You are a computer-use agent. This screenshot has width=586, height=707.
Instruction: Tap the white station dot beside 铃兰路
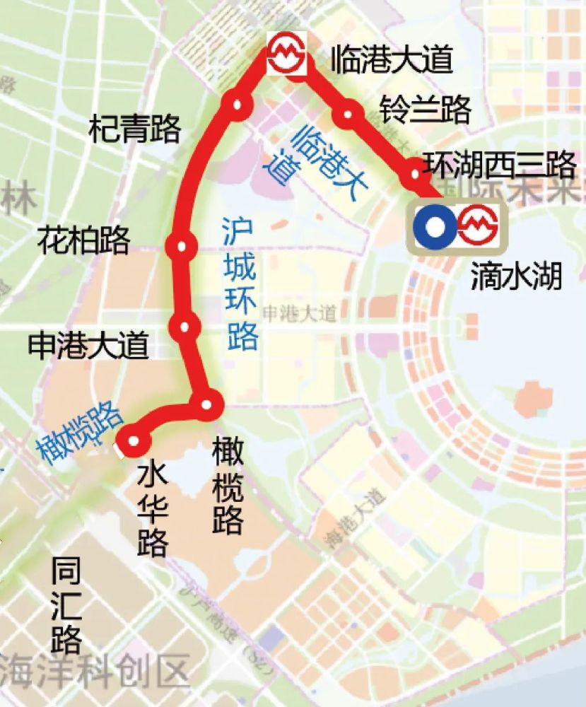(348, 115)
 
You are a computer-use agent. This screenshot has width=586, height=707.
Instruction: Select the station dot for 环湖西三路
(415, 172)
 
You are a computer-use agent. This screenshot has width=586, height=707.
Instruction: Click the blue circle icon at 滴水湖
(434, 227)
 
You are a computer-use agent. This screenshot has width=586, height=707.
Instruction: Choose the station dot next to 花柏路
(183, 247)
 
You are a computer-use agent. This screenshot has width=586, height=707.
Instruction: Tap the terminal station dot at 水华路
(134, 442)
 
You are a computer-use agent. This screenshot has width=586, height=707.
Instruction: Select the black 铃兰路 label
(426, 110)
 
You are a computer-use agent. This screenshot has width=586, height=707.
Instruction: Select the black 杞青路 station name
(134, 129)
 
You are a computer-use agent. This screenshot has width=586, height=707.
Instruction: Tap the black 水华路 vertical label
(153, 509)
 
